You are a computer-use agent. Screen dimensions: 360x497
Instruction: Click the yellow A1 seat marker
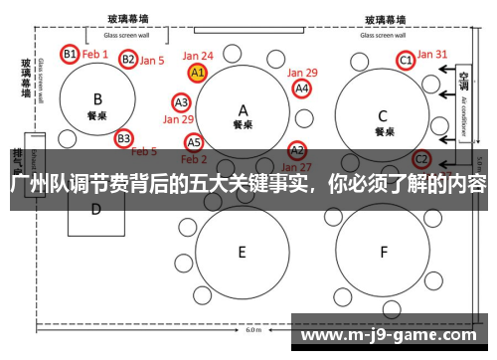197,73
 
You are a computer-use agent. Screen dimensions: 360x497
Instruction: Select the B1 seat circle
70,54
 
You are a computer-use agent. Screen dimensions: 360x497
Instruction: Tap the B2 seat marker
128,60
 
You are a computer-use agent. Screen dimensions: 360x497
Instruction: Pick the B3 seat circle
123,138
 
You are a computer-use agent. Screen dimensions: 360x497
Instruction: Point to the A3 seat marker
182,102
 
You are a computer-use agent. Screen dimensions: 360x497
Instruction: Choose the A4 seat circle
302,89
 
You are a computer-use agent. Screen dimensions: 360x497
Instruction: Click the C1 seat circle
406,61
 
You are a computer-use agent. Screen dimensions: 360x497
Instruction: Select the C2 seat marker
421,158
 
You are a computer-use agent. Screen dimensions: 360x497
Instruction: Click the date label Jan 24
198,57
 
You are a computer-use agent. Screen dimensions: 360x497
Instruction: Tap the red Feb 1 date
95,54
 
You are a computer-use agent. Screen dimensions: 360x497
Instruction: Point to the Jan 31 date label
432,55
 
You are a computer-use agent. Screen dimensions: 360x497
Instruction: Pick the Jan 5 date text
151,61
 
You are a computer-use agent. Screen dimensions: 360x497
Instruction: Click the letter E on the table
242,253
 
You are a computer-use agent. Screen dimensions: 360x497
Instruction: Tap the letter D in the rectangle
96,209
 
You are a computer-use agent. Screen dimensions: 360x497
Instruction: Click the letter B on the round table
97,98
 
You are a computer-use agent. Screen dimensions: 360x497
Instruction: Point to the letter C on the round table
383,113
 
